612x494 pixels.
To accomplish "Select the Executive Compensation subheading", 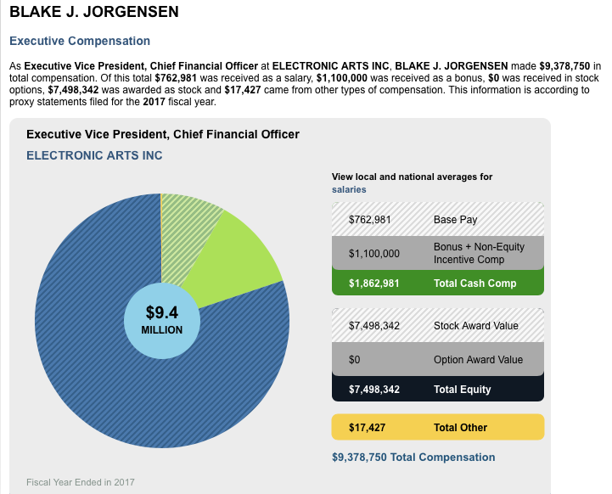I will [80, 41].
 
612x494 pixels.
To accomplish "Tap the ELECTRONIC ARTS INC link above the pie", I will [94, 155].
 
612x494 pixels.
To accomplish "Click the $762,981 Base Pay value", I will [370, 220].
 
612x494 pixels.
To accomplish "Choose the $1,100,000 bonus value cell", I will [374, 253].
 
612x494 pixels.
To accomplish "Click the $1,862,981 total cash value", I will [374, 283].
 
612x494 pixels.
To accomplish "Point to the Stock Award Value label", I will [475, 325].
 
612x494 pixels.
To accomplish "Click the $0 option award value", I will [355, 359].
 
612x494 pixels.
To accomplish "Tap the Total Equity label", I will [462, 390].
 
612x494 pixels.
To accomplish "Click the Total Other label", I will [460, 428].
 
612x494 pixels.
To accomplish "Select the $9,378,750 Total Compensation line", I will [413, 458].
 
